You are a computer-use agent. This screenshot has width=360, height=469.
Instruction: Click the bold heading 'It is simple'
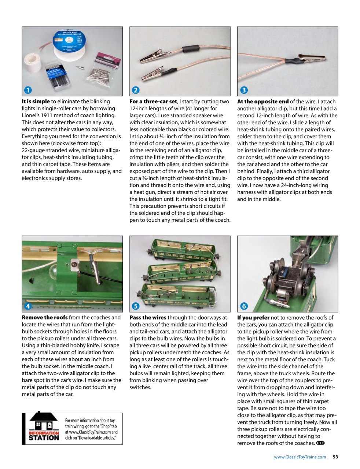coord(36,101)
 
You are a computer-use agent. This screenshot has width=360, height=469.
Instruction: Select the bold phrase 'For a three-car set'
coord(154,101)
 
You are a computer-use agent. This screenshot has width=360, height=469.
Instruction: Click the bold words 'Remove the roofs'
coord(45,318)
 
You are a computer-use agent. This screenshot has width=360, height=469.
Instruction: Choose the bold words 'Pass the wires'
coord(148,318)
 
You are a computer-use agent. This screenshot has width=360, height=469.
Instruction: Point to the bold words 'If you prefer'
coord(253,318)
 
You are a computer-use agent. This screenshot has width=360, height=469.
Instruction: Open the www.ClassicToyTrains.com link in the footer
coord(300,457)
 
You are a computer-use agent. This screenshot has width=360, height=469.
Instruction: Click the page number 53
coord(335,457)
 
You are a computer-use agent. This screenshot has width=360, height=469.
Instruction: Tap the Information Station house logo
coord(44,428)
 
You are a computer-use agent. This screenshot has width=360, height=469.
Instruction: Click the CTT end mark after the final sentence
coord(320,443)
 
